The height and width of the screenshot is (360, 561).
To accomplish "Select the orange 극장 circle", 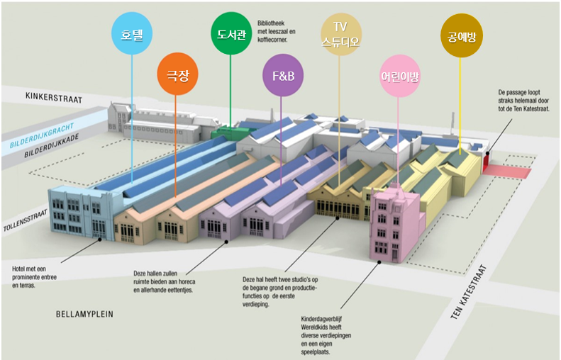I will click(x=177, y=72).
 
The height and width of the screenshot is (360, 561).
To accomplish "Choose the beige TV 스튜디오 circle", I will click(x=340, y=33).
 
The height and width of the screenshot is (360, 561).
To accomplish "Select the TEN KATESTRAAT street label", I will click(x=470, y=291).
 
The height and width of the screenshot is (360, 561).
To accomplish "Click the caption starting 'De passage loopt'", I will click(x=524, y=100).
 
